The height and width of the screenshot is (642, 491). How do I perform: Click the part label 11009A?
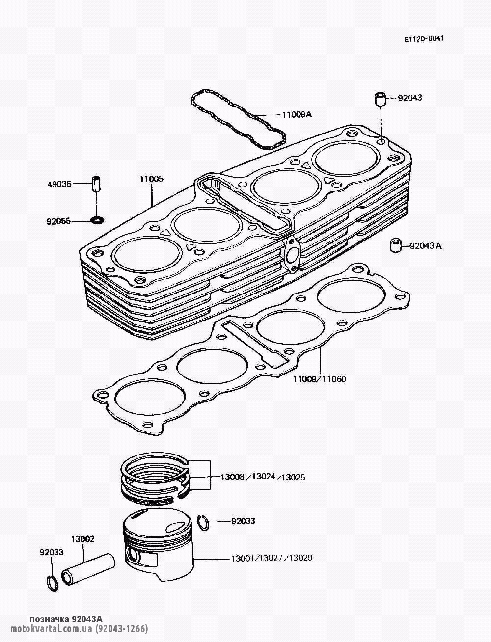pyautogui.click(x=297, y=115)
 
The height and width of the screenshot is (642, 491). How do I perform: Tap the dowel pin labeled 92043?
pyautogui.click(x=381, y=99)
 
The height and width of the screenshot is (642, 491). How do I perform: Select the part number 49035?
pyautogui.click(x=59, y=184)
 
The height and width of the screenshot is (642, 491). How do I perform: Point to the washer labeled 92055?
pyautogui.click(x=97, y=219)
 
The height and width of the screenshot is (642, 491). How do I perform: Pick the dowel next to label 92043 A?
pyautogui.click(x=396, y=245)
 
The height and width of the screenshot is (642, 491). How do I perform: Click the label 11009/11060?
pyautogui.click(x=320, y=379)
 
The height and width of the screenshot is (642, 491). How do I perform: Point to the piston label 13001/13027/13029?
pyautogui.click(x=272, y=558)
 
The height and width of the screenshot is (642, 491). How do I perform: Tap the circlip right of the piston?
pyautogui.click(x=204, y=523)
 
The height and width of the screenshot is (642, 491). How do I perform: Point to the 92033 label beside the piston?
pyautogui.click(x=243, y=521)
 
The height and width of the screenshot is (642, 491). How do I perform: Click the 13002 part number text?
pyautogui.click(x=83, y=539)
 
